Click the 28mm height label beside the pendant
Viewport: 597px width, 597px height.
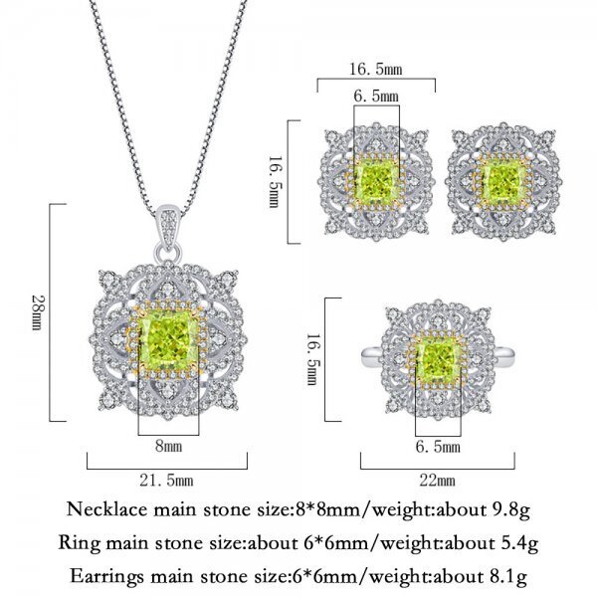click(36, 312)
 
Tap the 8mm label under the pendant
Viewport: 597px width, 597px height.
click(168, 446)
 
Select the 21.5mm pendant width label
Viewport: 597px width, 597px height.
click(166, 481)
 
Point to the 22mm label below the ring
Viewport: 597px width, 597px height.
click(438, 481)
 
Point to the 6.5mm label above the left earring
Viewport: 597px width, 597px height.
click(376, 96)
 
